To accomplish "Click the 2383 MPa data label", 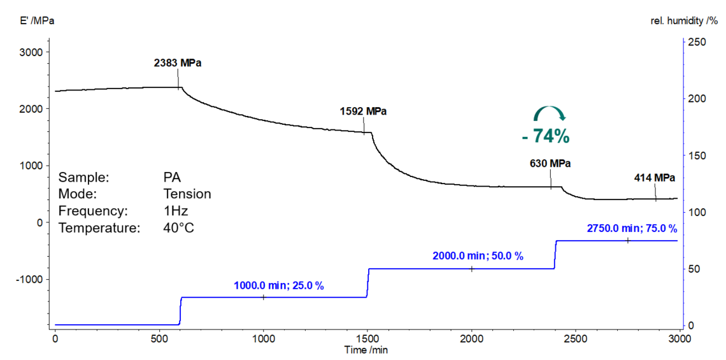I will click(181, 63).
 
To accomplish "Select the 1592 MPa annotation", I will click(363, 111).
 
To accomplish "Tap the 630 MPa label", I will click(550, 163).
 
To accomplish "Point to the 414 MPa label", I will click(654, 178).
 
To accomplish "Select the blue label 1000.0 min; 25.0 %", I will click(279, 286).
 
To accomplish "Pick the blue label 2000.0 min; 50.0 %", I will click(478, 256).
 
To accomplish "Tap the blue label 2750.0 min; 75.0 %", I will click(630, 227).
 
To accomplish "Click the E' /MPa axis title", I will click(38, 21).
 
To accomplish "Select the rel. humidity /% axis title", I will click(683, 21).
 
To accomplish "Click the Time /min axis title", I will click(366, 350).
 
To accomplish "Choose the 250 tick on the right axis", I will click(697, 42).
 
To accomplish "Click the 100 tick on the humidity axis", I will click(697, 212).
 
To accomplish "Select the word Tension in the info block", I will click(187, 194).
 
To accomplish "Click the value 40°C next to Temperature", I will click(178, 227).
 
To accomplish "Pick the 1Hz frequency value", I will click(175, 210).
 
